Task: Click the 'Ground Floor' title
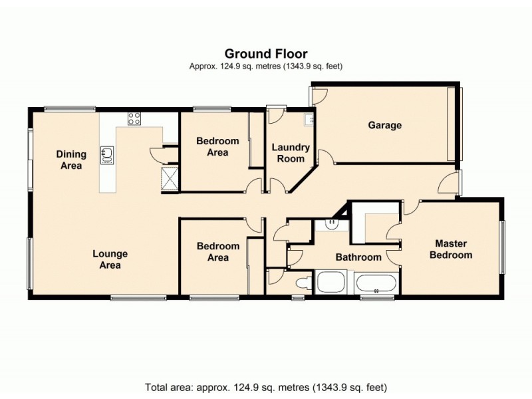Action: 266,53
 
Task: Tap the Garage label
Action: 385,125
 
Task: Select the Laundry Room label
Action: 291,153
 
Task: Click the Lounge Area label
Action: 110,259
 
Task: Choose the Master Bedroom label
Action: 450,249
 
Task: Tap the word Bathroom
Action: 358,257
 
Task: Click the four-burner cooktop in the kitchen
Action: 134,119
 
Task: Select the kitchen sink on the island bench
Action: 107,155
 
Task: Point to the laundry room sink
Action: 309,120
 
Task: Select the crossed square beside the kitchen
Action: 170,178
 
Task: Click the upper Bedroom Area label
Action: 217,147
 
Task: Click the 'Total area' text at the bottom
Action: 266,386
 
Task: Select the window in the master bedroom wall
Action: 502,247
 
